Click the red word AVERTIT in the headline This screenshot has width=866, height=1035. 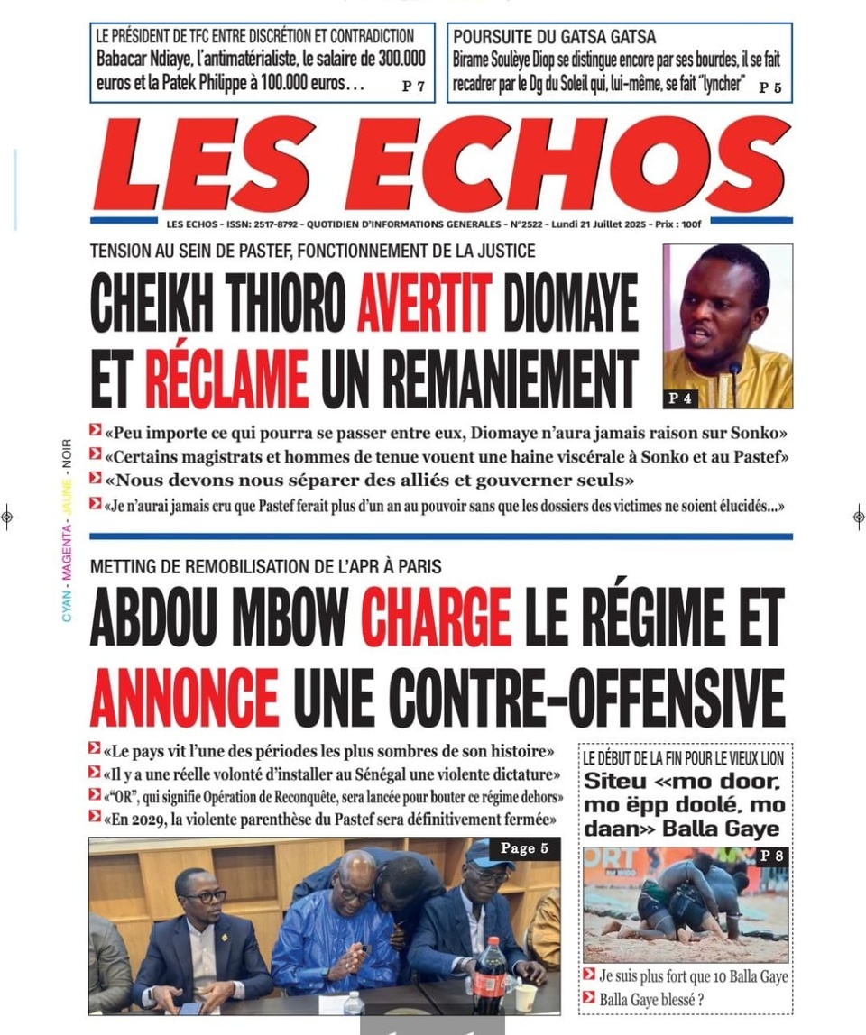tap(424, 303)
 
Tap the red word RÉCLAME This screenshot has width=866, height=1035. tap(226, 378)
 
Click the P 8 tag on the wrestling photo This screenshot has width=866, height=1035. tap(770, 856)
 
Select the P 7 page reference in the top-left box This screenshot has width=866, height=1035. tap(413, 87)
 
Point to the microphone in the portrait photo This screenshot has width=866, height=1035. tap(733, 379)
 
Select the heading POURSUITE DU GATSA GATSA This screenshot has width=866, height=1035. tap(554, 37)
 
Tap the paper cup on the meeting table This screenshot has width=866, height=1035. tap(525, 995)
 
